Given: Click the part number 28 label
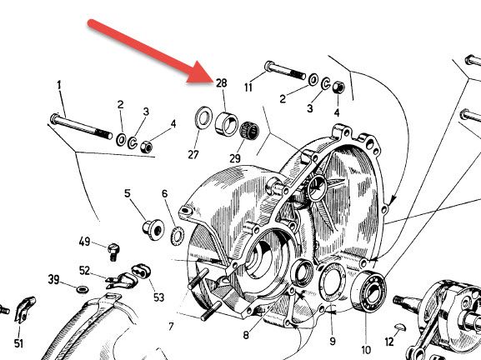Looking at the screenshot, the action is tap(222, 83).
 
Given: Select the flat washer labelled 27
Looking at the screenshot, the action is tap(203, 117).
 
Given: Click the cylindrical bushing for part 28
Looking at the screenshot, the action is tap(227, 124).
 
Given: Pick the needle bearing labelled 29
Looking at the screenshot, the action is tap(249, 130).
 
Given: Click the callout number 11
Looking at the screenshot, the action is tap(248, 87).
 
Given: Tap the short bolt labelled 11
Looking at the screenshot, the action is tap(285, 70).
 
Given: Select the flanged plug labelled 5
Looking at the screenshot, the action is tap(153, 228).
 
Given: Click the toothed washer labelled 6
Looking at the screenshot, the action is tap(177, 237).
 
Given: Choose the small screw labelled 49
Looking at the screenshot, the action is tap(113, 252).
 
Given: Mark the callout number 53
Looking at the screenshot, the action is tap(158, 297).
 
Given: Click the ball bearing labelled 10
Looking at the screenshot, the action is tap(368, 291).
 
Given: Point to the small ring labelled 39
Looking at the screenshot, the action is tap(82, 289).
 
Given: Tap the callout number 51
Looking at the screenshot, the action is tap(18, 343).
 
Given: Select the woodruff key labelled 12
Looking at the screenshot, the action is tap(400, 327).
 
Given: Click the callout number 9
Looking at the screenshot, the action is tap(333, 341).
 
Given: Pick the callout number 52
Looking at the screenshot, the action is tap(85, 271).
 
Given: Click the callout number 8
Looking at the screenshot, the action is tap(246, 335).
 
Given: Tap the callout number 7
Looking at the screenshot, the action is tap(171, 327).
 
